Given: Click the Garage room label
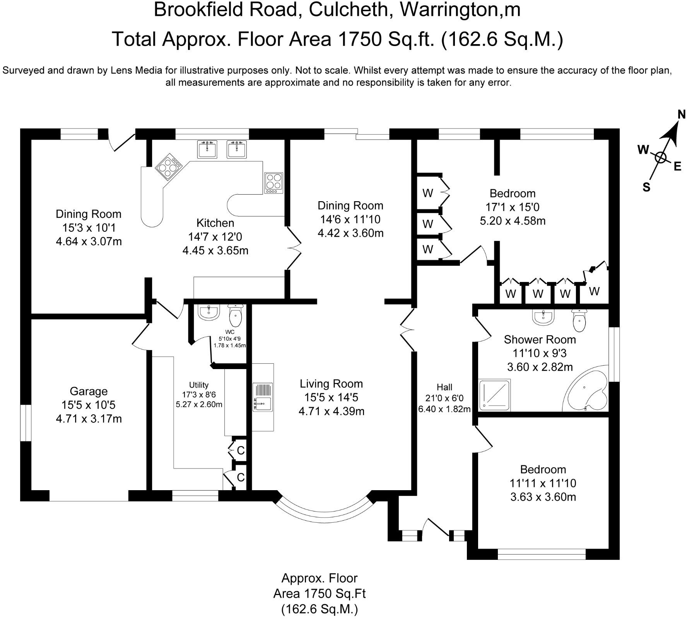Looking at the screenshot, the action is [89, 391].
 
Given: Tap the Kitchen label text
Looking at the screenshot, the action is [215, 223].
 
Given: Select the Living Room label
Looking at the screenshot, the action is [332, 384].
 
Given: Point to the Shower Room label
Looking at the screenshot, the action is [540, 340].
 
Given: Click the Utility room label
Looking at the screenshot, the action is [199, 385].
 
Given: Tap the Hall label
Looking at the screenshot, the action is [444, 387].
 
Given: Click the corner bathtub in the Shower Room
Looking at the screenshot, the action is [585, 392].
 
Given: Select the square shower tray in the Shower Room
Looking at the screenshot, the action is [495, 395].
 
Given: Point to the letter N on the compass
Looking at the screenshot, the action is [682, 115].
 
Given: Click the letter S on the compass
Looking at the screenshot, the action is [646, 187].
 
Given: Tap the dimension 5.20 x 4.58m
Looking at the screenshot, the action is [513, 221].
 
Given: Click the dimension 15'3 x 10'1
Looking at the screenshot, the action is [89, 227].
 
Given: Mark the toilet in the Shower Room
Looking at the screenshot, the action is [578, 320].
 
